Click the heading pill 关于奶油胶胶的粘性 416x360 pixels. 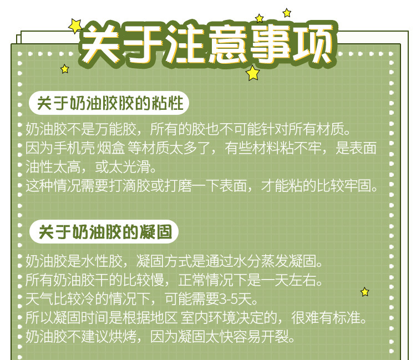tap(109, 103)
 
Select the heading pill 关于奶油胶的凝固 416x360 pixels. tap(104, 231)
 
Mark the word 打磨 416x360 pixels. tap(181, 185)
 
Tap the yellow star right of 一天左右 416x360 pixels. tap(364, 292)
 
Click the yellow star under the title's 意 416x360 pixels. tap(252, 73)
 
